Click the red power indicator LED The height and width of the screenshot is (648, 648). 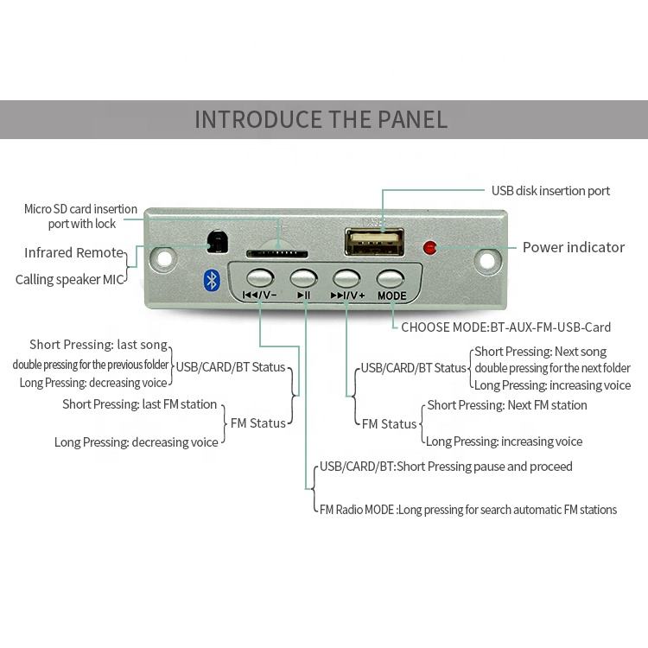pyautogui.click(x=429, y=248)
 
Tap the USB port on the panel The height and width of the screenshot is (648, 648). pyautogui.click(x=373, y=241)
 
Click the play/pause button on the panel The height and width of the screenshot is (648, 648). pyautogui.click(x=303, y=278)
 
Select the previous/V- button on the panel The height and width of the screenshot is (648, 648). pyautogui.click(x=259, y=278)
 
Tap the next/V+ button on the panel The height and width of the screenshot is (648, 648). pyautogui.click(x=346, y=278)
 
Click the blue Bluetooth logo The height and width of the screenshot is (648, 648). pyautogui.click(x=210, y=280)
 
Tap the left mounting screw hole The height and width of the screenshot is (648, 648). pyautogui.click(x=162, y=257)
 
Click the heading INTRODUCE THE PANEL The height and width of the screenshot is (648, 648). pyautogui.click(x=321, y=119)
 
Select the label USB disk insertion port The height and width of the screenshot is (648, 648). pyautogui.click(x=550, y=191)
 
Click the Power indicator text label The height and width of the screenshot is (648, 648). pyautogui.click(x=573, y=247)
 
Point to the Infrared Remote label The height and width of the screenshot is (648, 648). pyautogui.click(x=73, y=253)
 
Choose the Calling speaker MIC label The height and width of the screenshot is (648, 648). pyautogui.click(x=70, y=279)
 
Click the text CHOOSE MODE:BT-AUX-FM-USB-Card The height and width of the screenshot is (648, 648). pyautogui.click(x=505, y=327)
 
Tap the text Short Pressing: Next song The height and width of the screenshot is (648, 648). pyautogui.click(x=540, y=352)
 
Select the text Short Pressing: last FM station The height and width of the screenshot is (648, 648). pyautogui.click(x=139, y=404)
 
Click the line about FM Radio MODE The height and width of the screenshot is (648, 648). pyautogui.click(x=467, y=510)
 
